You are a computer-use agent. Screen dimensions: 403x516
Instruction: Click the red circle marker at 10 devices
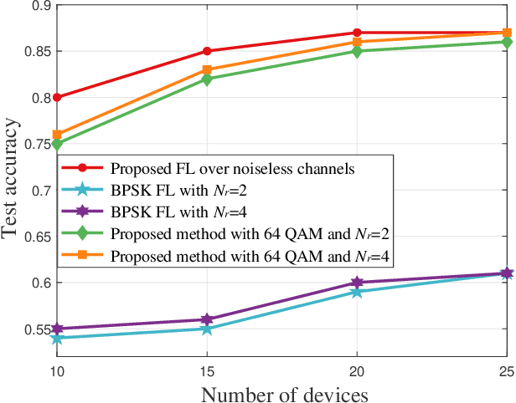[57, 97]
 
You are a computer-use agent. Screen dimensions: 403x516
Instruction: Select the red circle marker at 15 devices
[207, 51]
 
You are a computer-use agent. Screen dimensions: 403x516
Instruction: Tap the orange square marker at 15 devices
[207, 69]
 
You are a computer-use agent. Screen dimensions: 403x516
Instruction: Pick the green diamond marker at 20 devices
[357, 51]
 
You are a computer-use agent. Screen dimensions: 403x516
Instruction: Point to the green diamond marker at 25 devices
[507, 42]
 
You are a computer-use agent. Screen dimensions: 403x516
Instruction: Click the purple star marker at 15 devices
[207, 319]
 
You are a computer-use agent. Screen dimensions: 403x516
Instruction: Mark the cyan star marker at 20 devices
[357, 292]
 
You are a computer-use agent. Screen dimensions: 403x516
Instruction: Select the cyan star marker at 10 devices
[57, 338]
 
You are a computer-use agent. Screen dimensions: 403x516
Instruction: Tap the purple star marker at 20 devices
[357, 283]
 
